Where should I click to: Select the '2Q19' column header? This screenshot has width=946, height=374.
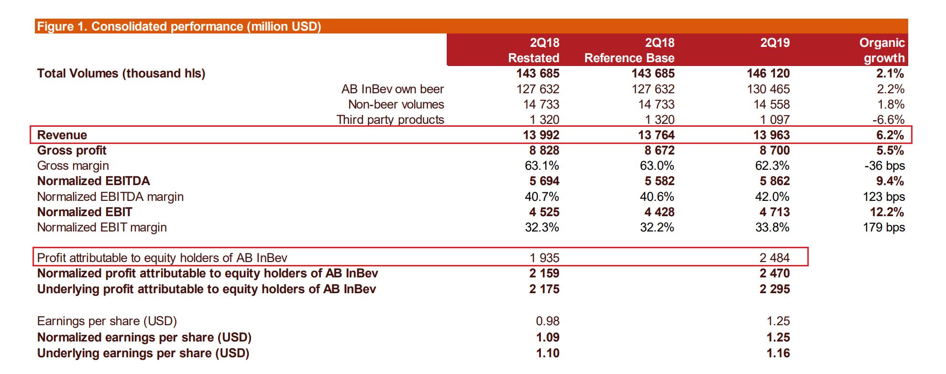point(775,43)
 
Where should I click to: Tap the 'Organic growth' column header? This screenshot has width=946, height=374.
point(882,50)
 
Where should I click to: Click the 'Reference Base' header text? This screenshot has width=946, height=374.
point(629,58)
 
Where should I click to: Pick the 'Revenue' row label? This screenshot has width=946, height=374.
point(62,135)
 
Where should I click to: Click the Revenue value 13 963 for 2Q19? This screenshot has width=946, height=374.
point(771,135)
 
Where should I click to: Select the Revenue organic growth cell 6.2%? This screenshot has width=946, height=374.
point(890,135)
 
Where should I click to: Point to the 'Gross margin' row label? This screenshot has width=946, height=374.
point(73,165)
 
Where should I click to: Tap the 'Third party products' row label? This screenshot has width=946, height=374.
point(390,120)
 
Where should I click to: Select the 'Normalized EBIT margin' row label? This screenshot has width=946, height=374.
point(102,227)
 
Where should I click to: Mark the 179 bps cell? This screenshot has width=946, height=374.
point(884,227)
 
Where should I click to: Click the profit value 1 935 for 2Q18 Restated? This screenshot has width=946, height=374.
point(544,258)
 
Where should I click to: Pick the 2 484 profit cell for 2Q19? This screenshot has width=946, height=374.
point(775,258)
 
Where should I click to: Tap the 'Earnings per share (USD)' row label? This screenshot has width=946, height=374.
point(107,321)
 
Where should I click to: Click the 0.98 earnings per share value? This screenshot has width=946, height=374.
point(548,321)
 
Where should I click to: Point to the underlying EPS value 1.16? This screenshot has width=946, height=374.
point(778,353)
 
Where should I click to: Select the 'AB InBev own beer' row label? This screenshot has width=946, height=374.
point(393,89)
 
